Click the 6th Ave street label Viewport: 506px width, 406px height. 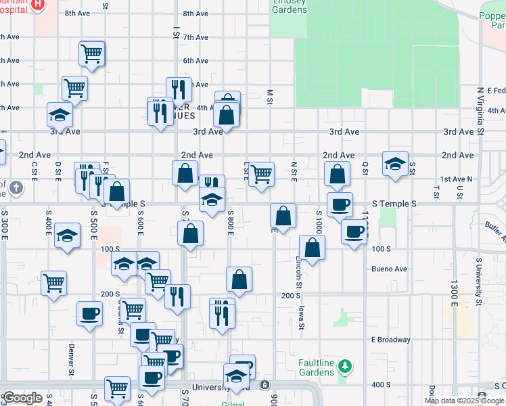195,61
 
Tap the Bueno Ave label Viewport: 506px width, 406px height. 389,269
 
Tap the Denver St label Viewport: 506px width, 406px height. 71,359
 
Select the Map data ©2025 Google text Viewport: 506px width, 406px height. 464,401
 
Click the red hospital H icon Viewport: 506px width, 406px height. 39,4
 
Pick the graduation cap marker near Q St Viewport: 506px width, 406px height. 395,164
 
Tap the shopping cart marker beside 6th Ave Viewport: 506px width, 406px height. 91,53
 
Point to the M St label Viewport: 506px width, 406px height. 269,93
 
